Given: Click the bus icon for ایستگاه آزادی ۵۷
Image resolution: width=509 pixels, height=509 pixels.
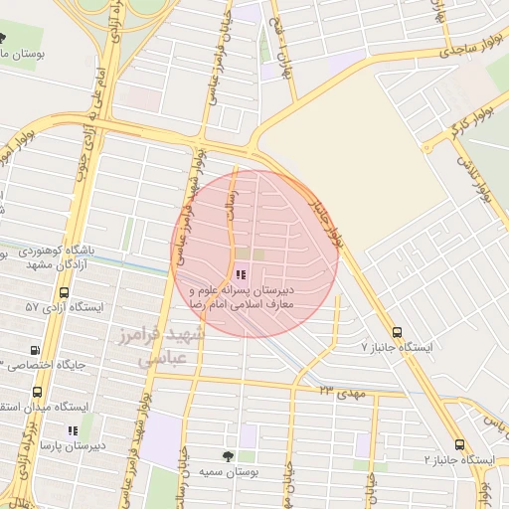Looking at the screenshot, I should [65, 293].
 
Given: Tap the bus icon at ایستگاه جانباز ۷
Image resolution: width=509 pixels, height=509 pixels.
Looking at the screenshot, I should [397, 332].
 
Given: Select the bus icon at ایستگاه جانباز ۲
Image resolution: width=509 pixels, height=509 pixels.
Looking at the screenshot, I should [459, 444].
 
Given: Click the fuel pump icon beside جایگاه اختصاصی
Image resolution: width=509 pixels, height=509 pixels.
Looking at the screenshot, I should [37, 350].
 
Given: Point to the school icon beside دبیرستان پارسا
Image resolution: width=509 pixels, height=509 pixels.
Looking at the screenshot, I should [72, 430].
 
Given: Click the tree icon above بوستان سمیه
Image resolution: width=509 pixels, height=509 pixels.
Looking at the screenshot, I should [230, 456].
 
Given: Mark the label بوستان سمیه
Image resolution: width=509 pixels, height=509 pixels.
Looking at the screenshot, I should [228, 472].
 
